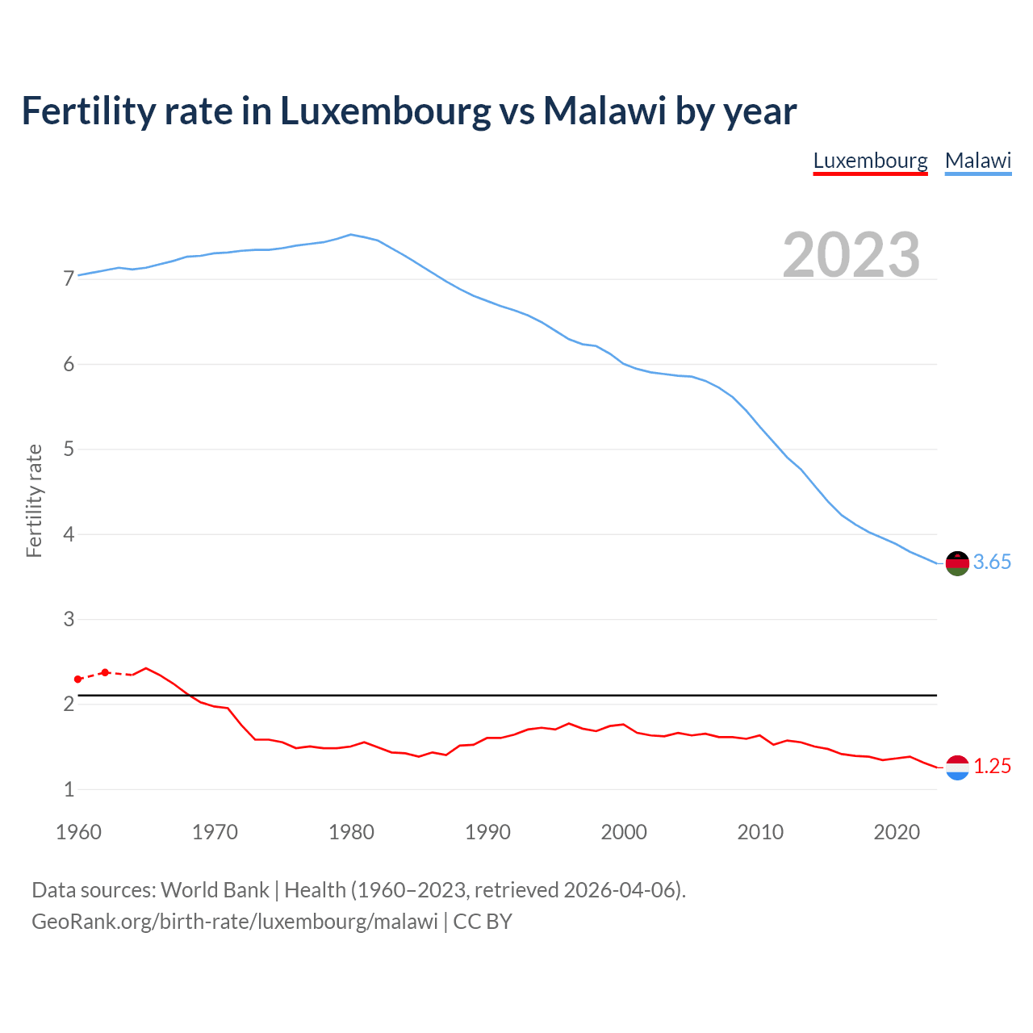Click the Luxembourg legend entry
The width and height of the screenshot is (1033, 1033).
(870, 161)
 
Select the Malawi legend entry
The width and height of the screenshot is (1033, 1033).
(978, 161)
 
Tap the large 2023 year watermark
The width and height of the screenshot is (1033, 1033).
(851, 255)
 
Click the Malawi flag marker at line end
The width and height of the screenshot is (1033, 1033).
(957, 563)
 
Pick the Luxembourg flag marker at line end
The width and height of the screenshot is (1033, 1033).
(957, 767)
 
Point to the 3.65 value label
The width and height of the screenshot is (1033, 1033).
(992, 563)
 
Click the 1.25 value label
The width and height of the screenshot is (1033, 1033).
(992, 767)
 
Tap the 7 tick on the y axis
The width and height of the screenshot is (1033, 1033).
(69, 279)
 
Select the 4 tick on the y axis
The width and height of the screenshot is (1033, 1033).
(69, 534)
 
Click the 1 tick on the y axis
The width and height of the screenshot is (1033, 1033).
(69, 789)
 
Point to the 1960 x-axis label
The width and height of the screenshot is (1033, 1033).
(78, 832)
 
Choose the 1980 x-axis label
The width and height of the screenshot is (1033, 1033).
(351, 832)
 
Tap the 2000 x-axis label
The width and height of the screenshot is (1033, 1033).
(624, 832)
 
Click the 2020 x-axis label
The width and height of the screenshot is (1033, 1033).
(897, 832)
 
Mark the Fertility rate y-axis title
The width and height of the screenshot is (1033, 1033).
(34, 500)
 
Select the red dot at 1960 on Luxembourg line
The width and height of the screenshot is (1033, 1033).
(78, 680)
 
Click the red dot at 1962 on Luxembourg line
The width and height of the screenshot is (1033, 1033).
(105, 672)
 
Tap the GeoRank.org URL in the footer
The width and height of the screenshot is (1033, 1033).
(235, 922)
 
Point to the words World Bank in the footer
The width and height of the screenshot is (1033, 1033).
(215, 890)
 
